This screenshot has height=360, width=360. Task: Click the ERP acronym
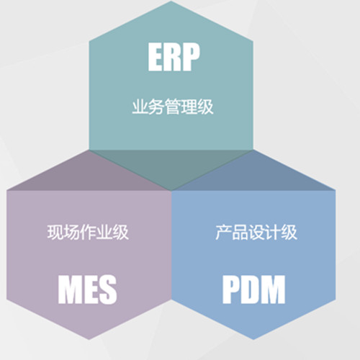click(x=174, y=57)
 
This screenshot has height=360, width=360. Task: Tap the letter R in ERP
click(x=174, y=57)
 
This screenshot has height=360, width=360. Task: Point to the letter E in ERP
click(x=156, y=57)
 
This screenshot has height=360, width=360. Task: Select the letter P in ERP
click(x=192, y=57)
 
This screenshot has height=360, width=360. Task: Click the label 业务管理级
click(x=173, y=107)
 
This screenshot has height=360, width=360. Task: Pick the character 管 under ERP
click(x=173, y=107)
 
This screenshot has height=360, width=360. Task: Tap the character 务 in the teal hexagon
click(x=156, y=107)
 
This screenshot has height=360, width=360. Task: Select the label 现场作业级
click(x=88, y=232)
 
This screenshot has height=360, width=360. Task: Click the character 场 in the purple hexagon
click(x=71, y=232)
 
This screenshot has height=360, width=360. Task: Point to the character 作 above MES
click(x=88, y=232)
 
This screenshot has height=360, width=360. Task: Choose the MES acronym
click(x=87, y=289)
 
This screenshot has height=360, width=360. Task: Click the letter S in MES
click(x=108, y=289)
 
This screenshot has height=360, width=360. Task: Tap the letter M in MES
click(x=69, y=289)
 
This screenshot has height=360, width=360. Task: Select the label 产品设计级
click(x=256, y=232)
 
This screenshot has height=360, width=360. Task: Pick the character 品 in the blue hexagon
click(x=240, y=232)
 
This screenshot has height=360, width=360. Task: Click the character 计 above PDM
click(x=273, y=232)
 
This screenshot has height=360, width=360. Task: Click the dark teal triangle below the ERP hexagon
click(x=171, y=166)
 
